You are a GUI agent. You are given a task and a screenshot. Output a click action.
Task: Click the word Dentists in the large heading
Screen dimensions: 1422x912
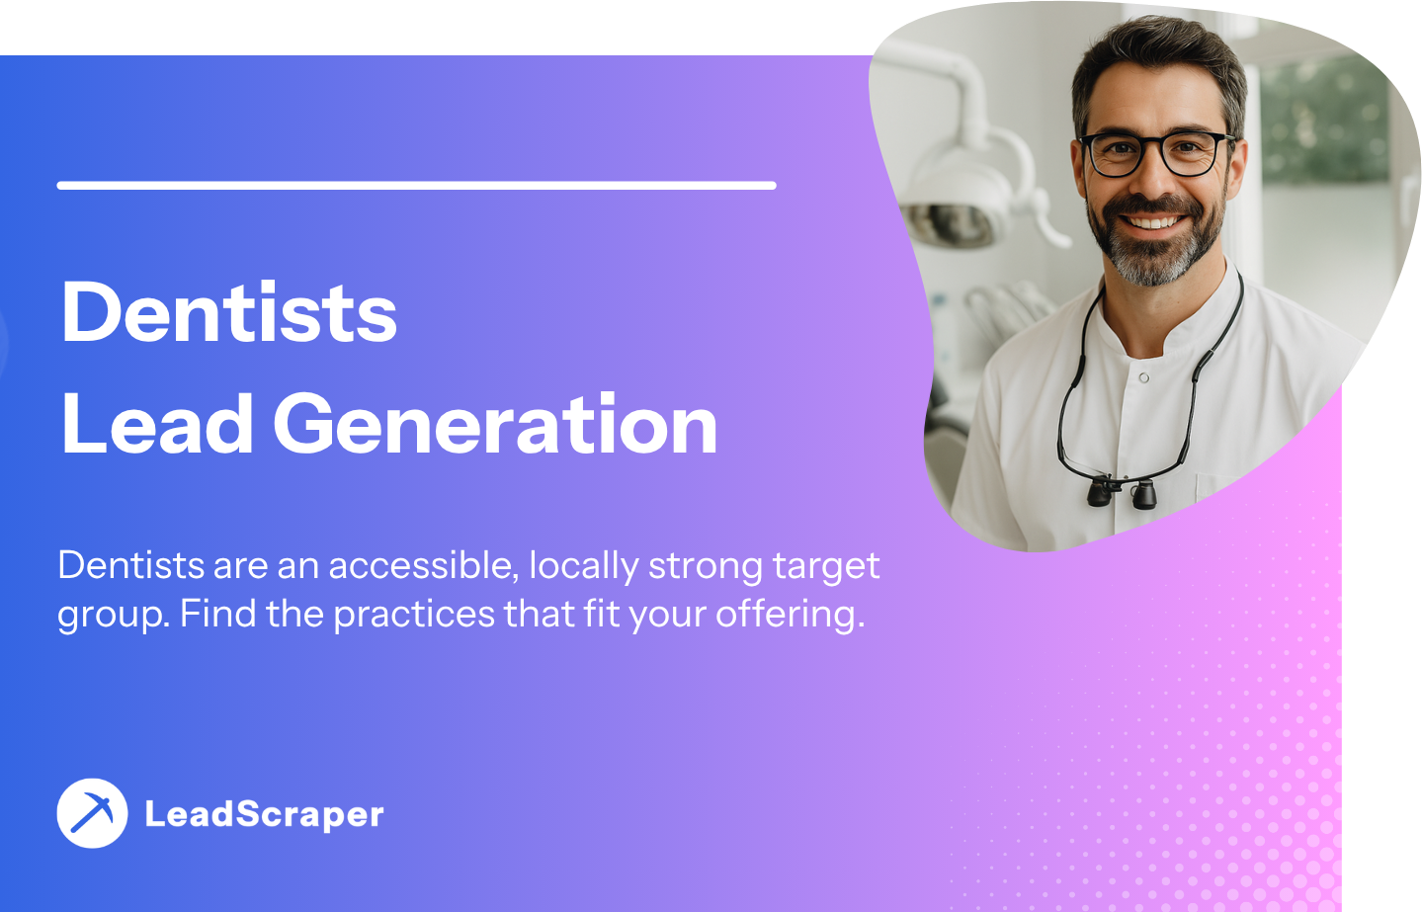(229, 312)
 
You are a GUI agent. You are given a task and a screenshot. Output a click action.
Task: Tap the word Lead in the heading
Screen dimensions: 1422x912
(157, 423)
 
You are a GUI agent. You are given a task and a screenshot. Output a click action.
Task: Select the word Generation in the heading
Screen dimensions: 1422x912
(495, 423)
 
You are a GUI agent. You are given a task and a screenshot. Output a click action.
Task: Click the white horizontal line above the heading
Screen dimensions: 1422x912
(416, 186)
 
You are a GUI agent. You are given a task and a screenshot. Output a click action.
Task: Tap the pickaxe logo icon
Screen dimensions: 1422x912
(92, 813)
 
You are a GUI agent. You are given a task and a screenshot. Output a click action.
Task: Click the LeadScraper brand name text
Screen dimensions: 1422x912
(264, 815)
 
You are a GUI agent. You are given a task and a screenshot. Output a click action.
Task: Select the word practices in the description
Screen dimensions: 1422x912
(414, 615)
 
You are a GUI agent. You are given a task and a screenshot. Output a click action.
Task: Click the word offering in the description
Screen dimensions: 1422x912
(791, 615)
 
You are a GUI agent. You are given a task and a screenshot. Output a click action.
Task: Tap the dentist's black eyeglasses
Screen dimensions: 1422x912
(1156, 153)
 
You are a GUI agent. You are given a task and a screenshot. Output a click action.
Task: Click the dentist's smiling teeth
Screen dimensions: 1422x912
(1152, 222)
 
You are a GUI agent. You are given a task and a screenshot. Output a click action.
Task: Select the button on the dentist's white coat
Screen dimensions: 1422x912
(1144, 378)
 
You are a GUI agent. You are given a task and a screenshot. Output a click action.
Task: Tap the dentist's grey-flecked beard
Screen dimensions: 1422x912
(1154, 244)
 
